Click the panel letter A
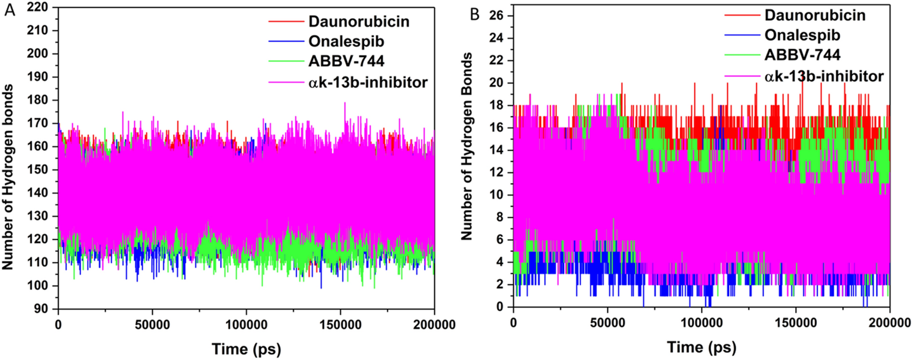pyautogui.click(x=10, y=9)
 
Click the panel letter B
pyautogui.click(x=475, y=14)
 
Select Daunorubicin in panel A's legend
pyautogui.click(x=359, y=22)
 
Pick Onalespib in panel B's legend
pyautogui.click(x=802, y=35)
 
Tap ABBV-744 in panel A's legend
pyautogui.click(x=346, y=61)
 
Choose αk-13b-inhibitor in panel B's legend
pyautogui.click(x=824, y=76)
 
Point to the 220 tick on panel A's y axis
pyautogui.click(x=38, y=7)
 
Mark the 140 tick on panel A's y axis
pyautogui.click(x=38, y=193)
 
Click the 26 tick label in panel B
pyautogui.click(x=496, y=16)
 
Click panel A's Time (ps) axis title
pyautogui.click(x=246, y=348)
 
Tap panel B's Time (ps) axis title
pyautogui.click(x=702, y=346)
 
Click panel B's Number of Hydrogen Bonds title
pyautogui.click(x=466, y=147)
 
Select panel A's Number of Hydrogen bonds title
pyautogui.click(x=8, y=177)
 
